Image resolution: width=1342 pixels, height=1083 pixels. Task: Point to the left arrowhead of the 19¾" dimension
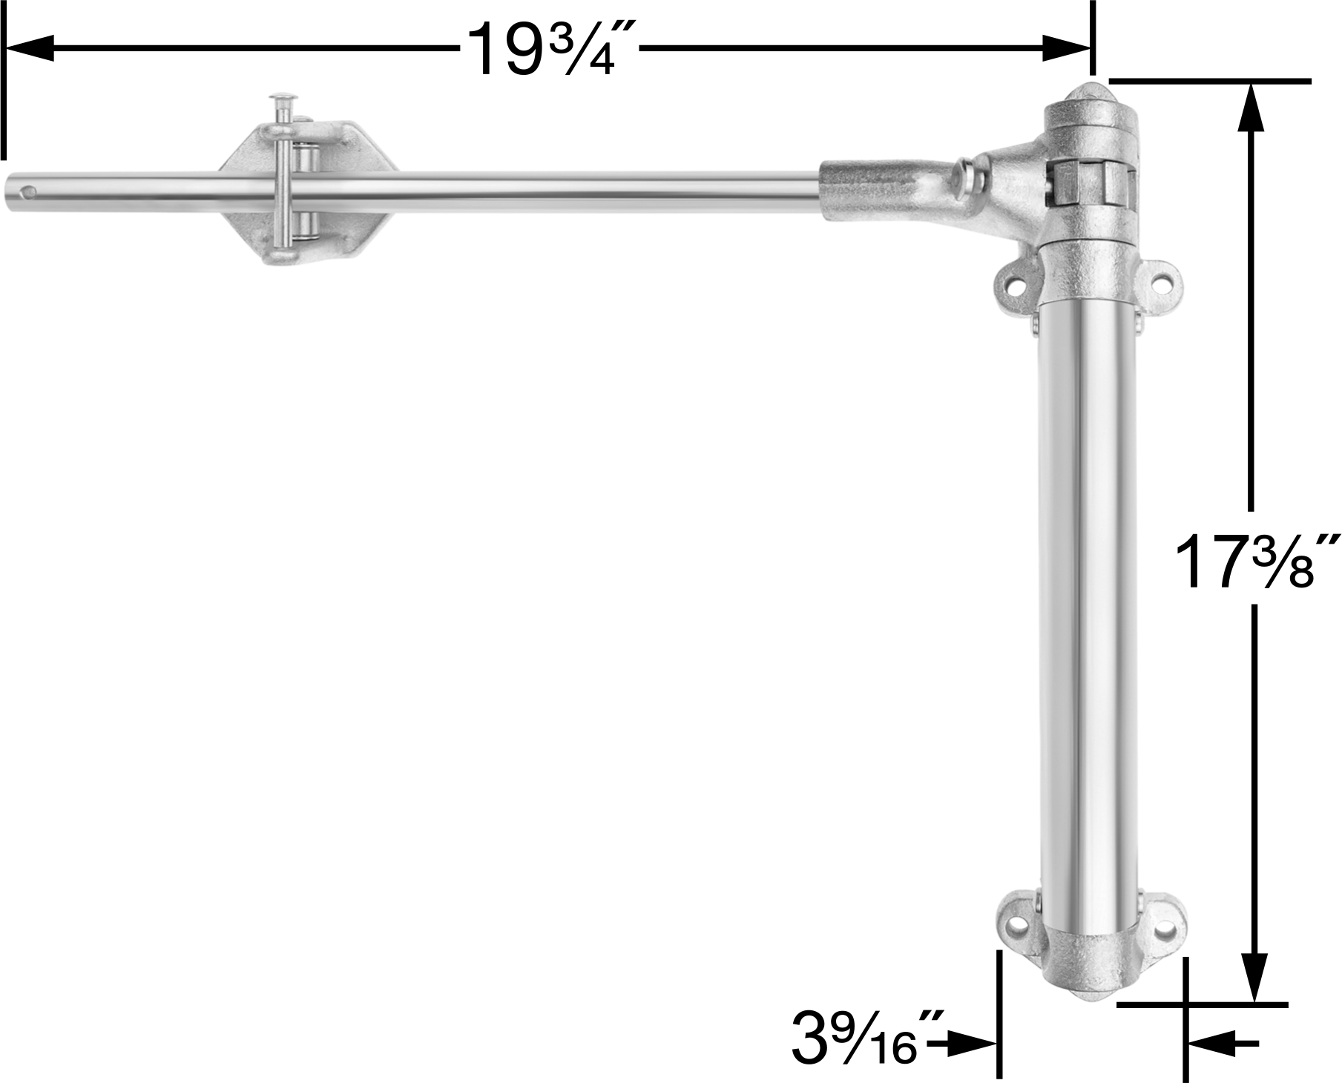(30, 48)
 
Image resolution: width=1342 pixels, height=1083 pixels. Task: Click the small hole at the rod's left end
(30, 194)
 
